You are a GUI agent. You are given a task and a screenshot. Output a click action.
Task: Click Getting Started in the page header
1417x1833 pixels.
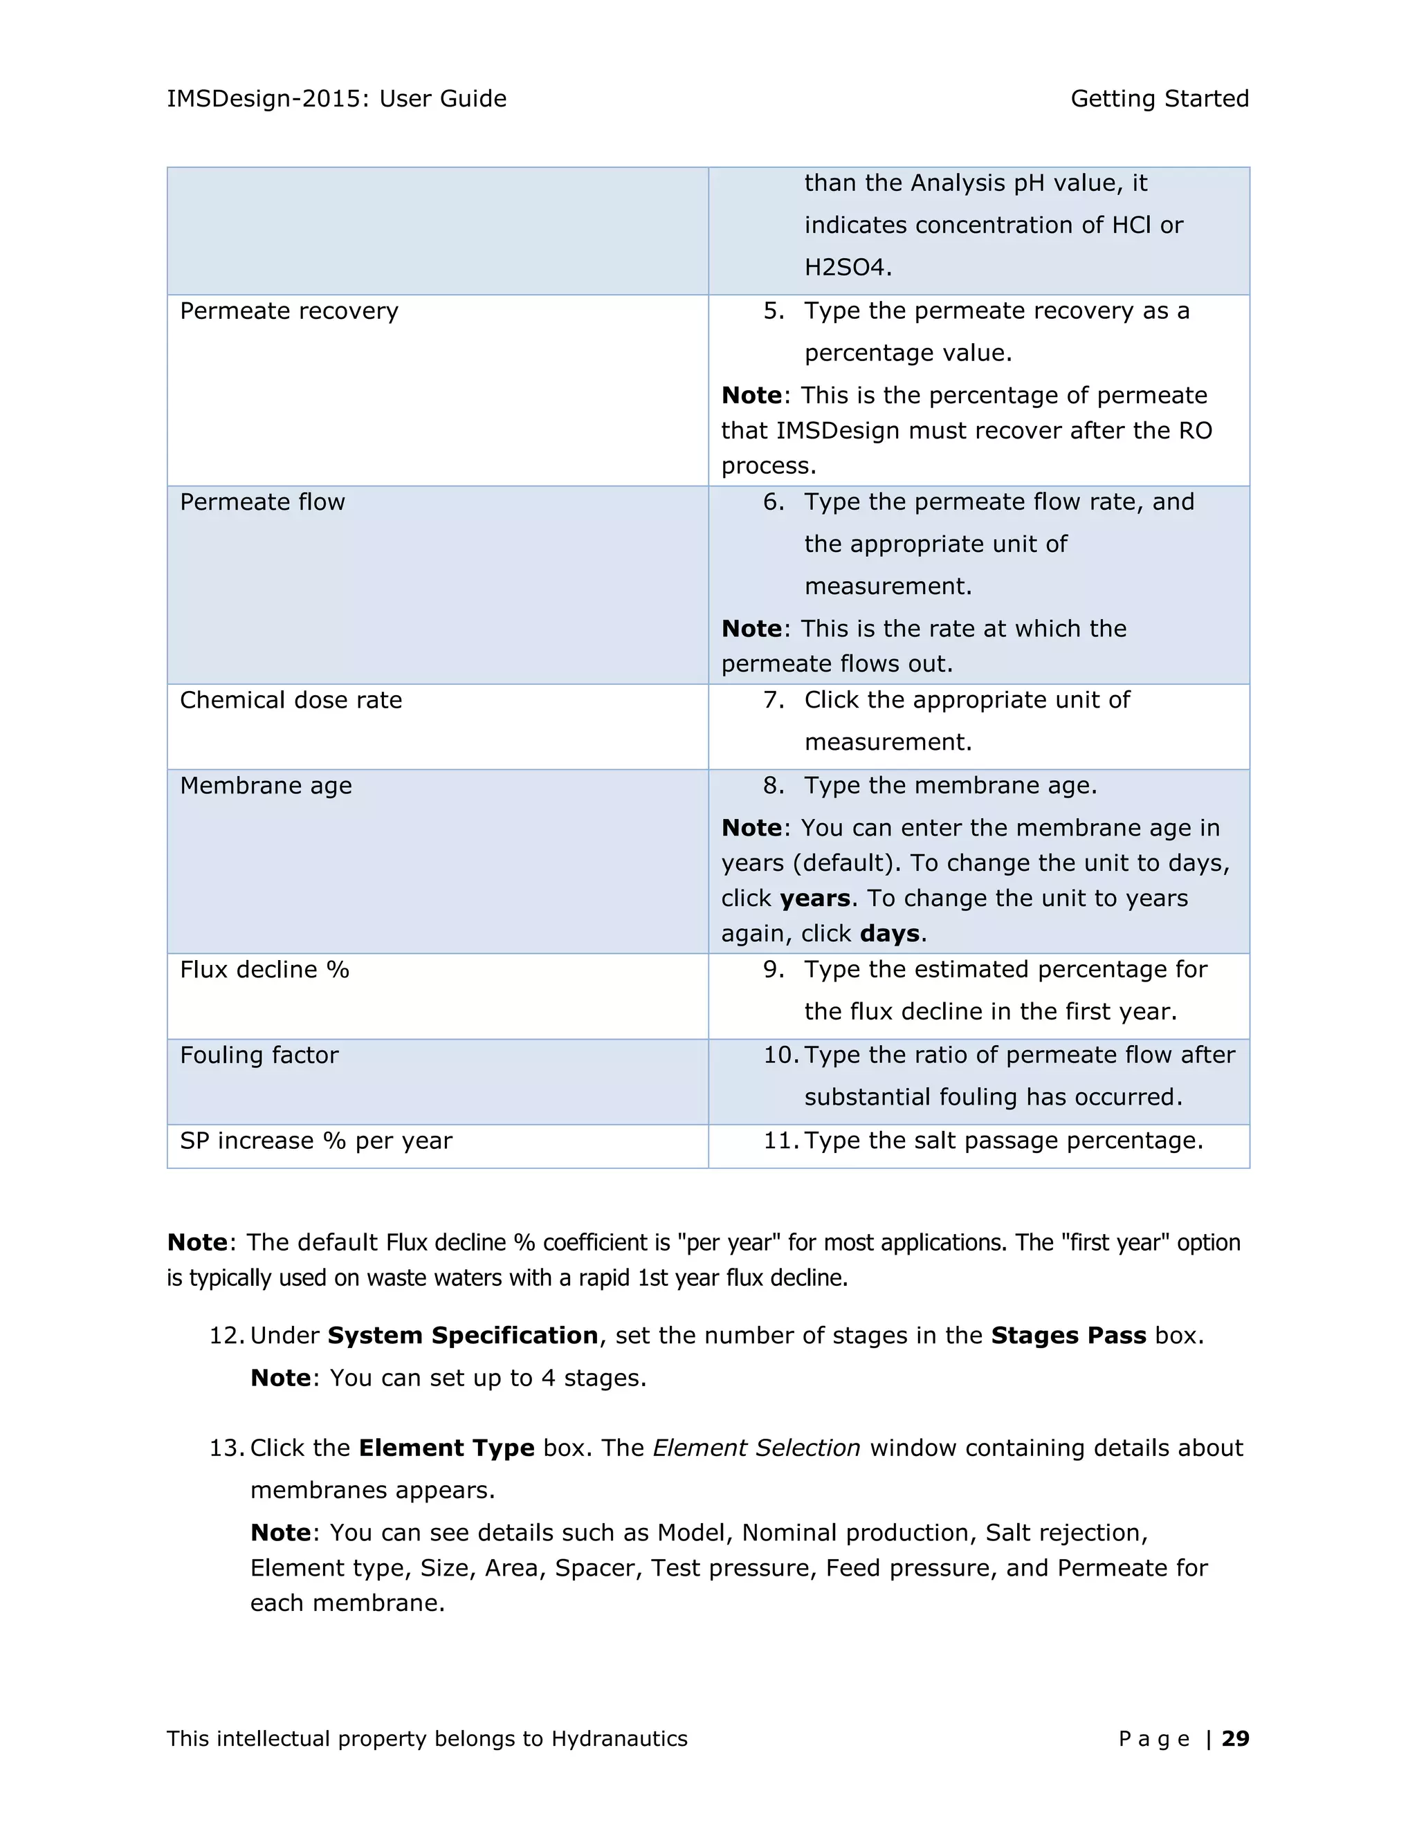coord(1160,99)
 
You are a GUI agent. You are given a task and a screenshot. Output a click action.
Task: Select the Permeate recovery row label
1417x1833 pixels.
coord(289,311)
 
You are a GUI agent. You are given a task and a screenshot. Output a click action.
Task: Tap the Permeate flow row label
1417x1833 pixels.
coord(262,502)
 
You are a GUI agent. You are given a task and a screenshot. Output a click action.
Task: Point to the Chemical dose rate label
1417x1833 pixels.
coord(291,700)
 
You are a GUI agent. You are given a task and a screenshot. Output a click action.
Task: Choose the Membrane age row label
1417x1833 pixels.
coord(265,786)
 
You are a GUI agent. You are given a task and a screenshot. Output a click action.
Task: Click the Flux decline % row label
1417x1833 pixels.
coord(264,970)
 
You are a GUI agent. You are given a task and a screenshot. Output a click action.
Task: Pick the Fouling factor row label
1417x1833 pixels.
coord(259,1055)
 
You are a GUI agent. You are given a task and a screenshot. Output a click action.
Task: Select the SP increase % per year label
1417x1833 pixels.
coord(316,1141)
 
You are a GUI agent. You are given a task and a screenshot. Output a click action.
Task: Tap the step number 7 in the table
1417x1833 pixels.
coord(772,700)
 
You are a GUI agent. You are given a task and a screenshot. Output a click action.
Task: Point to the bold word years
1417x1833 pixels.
coord(814,899)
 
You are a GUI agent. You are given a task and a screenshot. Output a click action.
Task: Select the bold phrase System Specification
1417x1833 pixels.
coord(463,1335)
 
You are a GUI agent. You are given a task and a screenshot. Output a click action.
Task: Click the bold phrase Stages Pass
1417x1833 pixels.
coord(1068,1335)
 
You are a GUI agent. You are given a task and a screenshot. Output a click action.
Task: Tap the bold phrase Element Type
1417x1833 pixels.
coord(446,1448)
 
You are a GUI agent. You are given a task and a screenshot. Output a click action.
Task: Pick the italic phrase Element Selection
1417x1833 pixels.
coord(756,1448)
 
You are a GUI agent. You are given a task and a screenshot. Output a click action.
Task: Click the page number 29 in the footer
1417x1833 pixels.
coord(1235,1738)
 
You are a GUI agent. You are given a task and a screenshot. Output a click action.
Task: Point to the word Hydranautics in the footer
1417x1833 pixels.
coord(619,1738)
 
